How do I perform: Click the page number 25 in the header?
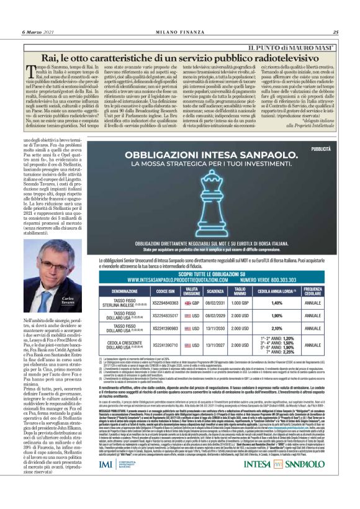coord(335,32)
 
